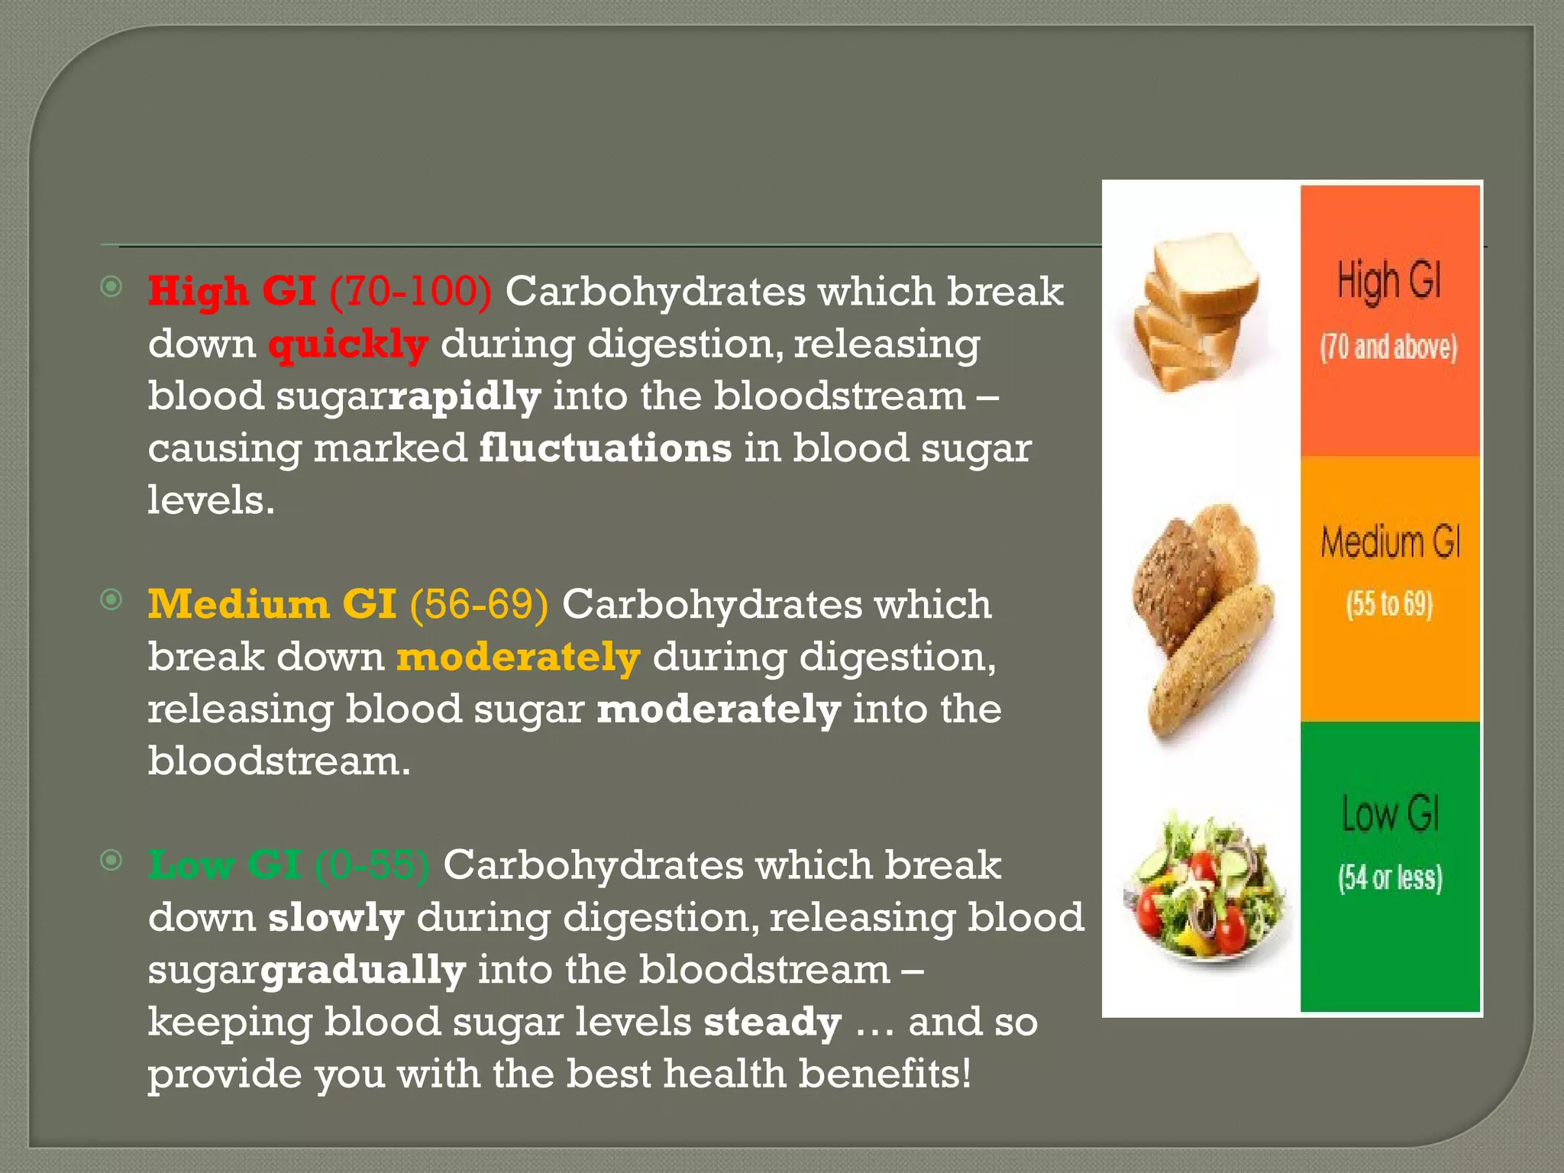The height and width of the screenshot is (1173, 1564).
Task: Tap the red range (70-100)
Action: click(x=410, y=292)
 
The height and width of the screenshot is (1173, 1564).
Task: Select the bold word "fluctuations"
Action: click(x=605, y=448)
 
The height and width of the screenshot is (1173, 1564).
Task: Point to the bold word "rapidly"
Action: click(x=465, y=397)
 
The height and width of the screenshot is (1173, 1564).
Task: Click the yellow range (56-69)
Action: click(x=479, y=605)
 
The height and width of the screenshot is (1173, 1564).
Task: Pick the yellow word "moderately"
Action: click(x=518, y=658)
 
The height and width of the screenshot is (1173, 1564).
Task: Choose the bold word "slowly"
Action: click(x=336, y=918)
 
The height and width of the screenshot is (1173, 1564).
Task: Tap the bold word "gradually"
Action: click(x=364, y=971)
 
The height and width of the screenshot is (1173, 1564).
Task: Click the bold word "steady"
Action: click(x=772, y=1023)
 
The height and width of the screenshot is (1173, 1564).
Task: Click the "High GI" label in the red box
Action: click(x=1389, y=280)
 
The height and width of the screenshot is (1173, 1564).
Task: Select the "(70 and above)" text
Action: click(x=1389, y=347)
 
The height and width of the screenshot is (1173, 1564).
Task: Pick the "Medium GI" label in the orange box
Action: click(x=1391, y=543)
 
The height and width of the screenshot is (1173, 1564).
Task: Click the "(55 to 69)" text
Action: click(x=1389, y=604)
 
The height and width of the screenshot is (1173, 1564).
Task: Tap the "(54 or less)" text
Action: click(x=1391, y=878)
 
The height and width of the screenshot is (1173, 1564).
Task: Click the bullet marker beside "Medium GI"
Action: click(x=111, y=600)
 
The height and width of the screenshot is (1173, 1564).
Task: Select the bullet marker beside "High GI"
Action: click(x=111, y=287)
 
